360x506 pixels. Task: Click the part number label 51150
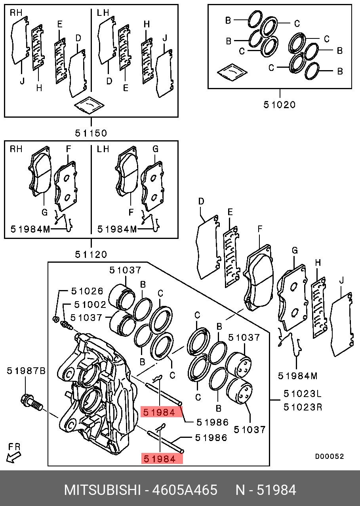91,133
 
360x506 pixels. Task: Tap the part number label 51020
280,105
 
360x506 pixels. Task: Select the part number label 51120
91,254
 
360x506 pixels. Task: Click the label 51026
87,291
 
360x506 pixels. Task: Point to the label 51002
89,305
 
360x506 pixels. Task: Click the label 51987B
26,371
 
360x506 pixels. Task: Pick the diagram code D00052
330,456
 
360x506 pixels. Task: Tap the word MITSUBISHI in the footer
103,490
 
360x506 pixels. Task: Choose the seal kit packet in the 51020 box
232,72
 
